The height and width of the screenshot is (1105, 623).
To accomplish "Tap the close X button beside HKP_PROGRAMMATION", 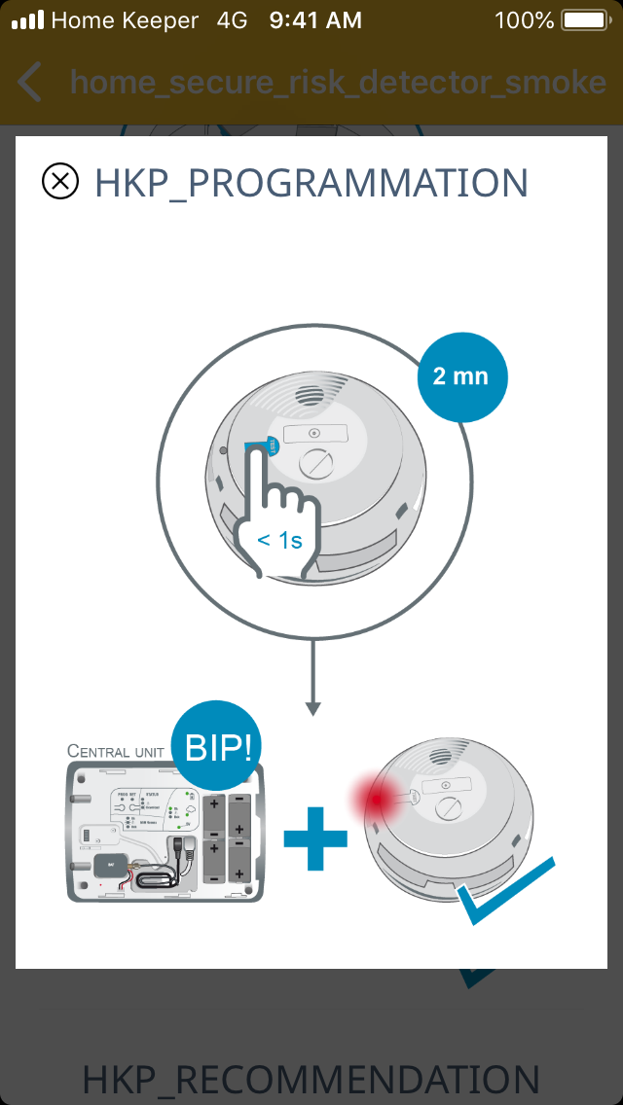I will click(60, 182).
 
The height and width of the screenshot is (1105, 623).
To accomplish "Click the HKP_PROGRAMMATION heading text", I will click(311, 183).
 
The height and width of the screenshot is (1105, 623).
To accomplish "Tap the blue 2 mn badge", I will click(461, 376).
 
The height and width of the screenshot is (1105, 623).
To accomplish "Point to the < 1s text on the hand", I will click(279, 541).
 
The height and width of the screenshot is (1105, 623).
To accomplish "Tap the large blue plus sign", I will click(315, 837).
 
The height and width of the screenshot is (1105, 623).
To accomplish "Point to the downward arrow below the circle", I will click(312, 681).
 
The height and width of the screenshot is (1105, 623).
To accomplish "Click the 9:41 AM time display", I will click(315, 20).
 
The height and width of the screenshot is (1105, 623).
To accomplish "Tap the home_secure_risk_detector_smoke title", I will click(338, 83).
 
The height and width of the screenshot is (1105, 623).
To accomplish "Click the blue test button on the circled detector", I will click(263, 447).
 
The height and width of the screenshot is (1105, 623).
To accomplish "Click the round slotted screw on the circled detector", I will click(318, 466).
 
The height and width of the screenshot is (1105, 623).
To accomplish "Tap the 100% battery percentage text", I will click(523, 20).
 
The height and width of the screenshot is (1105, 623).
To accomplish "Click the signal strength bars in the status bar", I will click(27, 20).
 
